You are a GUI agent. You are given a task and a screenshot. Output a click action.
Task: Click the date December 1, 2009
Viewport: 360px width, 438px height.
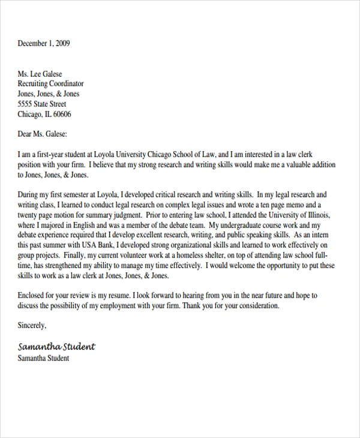click(x=44, y=43)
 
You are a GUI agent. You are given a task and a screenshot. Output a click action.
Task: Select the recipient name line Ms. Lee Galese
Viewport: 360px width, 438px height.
click(x=40, y=74)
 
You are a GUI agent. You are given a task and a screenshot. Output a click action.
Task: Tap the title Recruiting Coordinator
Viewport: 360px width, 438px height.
click(x=51, y=84)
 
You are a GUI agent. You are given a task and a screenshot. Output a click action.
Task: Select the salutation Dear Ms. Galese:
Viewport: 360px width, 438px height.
click(x=43, y=134)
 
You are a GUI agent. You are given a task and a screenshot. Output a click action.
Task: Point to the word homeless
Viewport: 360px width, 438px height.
click(x=202, y=256)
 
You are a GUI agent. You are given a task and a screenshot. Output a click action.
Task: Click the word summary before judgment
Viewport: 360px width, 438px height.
click(x=112, y=215)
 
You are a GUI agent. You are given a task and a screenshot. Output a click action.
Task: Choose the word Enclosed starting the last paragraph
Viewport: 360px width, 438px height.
click(x=34, y=296)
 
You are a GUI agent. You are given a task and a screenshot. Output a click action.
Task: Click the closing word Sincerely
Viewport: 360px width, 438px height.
click(x=32, y=326)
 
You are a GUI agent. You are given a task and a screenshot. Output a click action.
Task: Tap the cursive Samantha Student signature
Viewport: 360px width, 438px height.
click(x=56, y=347)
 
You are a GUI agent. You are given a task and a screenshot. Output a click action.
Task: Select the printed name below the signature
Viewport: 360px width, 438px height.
click(x=44, y=358)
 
